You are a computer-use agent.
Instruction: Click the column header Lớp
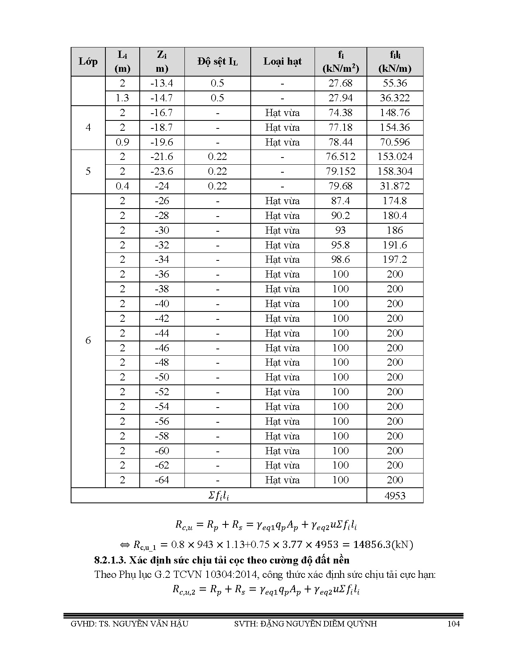tap(88, 61)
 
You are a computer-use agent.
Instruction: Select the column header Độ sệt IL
tap(217, 61)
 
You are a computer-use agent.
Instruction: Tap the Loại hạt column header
tap(282, 61)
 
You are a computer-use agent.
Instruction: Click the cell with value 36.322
tap(394, 98)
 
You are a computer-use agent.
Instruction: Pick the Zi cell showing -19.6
tap(162, 142)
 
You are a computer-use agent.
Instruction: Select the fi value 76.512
tap(340, 157)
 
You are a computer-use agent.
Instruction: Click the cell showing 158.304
tap(394, 171)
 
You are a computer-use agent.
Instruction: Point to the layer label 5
tap(88, 171)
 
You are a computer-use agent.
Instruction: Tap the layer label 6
tap(88, 340)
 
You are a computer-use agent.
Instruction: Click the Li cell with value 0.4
tap(122, 186)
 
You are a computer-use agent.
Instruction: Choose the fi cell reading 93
tap(340, 230)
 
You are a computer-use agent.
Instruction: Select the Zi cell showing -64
tap(162, 480)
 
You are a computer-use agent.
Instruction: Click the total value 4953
tap(394, 496)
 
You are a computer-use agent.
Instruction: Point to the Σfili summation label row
tap(218, 496)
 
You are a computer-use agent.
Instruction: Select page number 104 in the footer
tap(454, 624)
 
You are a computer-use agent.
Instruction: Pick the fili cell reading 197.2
tap(394, 260)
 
